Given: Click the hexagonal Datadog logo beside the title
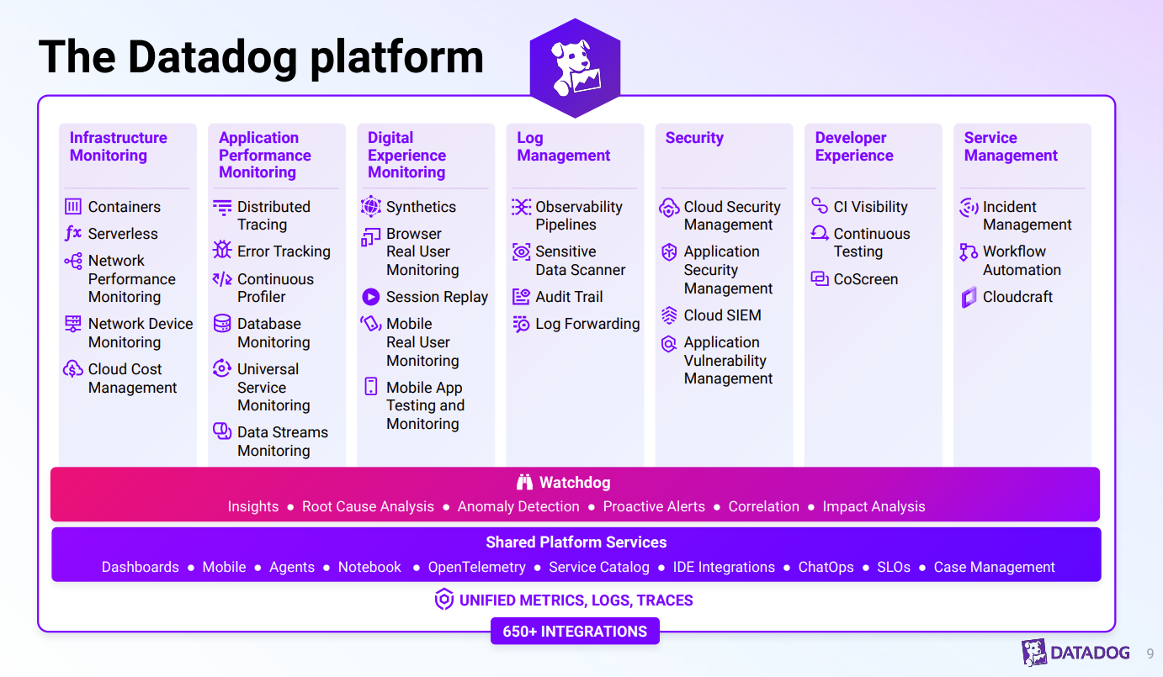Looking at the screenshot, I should point(575,68).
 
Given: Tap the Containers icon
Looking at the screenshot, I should point(73,206).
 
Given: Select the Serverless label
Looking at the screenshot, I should point(123,234).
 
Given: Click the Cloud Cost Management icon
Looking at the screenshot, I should point(73,368).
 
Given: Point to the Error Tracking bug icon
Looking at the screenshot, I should point(222,251).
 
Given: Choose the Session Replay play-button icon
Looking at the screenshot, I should point(371,297).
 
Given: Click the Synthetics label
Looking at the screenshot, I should point(421,207).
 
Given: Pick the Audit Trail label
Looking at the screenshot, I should point(569,297).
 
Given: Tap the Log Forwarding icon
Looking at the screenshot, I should point(521,324).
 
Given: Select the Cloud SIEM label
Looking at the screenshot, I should point(722,315).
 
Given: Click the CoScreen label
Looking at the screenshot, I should point(865,279).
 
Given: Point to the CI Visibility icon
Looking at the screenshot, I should point(820,206).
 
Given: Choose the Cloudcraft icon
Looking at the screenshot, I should point(969,297).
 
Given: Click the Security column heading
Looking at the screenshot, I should point(694,138).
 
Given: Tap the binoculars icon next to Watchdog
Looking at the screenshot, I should point(525,483).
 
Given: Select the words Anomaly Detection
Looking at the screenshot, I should point(518,506).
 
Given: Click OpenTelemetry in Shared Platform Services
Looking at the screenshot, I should point(476,567).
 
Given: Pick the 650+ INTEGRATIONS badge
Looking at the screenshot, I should point(575,632).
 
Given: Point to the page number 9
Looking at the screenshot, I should point(1150,653).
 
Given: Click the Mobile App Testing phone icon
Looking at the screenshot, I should point(371,387).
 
